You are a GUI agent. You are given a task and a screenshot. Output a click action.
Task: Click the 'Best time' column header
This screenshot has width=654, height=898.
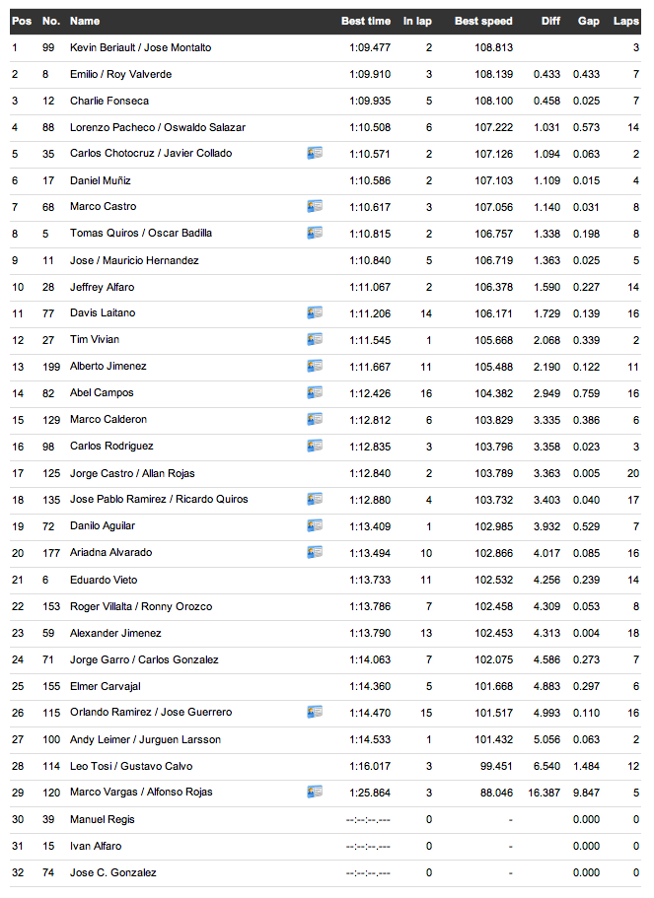pyautogui.click(x=365, y=21)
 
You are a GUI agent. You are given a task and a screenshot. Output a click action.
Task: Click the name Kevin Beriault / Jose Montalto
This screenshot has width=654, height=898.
pyautogui.click(x=140, y=47)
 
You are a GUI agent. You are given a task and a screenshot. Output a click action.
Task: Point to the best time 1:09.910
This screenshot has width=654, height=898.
pyautogui.click(x=369, y=74)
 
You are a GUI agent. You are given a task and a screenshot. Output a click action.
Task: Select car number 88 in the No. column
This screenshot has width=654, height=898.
pyautogui.click(x=48, y=127)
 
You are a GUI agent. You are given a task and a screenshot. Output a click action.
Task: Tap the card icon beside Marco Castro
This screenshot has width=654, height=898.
pyautogui.click(x=315, y=206)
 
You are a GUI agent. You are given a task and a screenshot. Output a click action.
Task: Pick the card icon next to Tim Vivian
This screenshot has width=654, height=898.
pyautogui.click(x=315, y=339)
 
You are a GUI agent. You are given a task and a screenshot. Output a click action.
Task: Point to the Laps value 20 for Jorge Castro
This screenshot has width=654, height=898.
pyautogui.click(x=633, y=473)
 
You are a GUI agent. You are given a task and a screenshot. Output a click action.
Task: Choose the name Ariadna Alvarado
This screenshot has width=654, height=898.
pyautogui.click(x=110, y=552)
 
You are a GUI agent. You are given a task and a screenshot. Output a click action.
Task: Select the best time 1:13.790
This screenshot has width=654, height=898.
pyautogui.click(x=369, y=633)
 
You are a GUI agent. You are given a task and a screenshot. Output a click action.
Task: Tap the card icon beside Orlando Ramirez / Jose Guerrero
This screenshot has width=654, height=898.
pyautogui.click(x=315, y=711)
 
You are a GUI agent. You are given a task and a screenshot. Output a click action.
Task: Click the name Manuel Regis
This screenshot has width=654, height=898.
pyautogui.click(x=103, y=819)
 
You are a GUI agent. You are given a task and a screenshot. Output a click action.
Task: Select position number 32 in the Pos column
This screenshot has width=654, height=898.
pyautogui.click(x=15, y=872)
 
